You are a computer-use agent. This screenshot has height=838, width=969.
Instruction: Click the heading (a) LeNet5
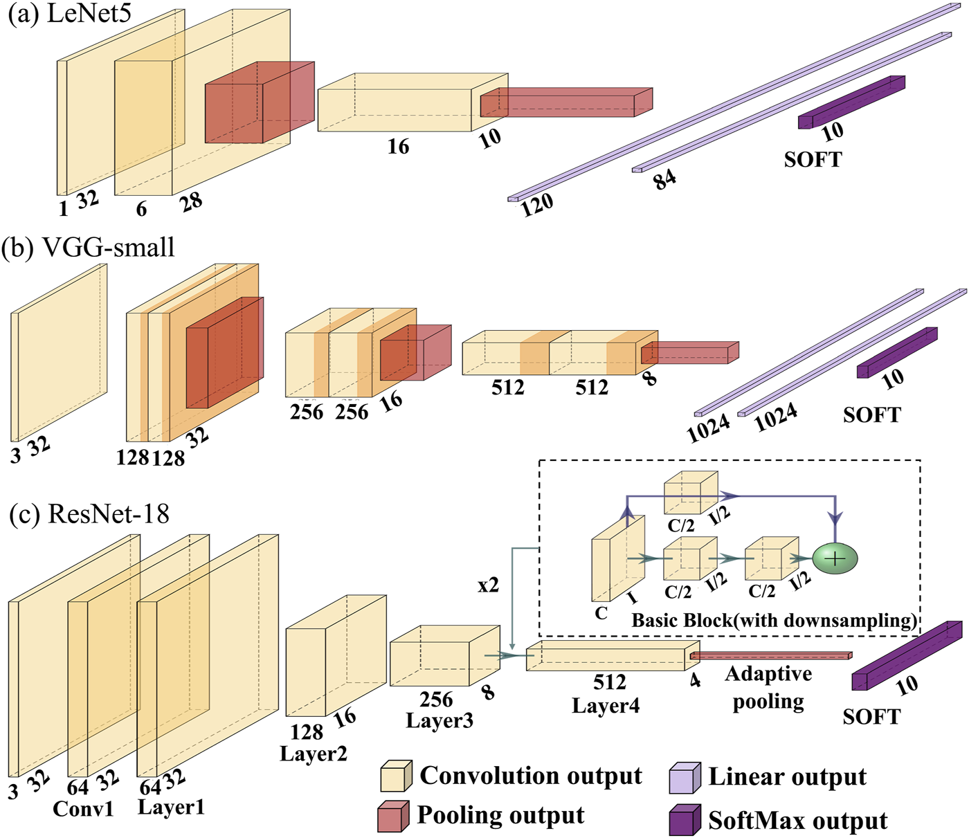(x=69, y=14)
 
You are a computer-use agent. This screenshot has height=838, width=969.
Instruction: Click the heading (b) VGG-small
(x=89, y=247)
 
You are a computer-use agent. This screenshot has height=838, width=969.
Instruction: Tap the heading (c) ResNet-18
(x=89, y=514)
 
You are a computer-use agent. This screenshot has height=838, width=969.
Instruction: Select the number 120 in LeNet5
(x=537, y=205)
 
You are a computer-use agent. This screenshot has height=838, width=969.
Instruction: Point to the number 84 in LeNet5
(x=664, y=180)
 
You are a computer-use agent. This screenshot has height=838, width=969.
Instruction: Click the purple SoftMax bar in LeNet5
(x=851, y=102)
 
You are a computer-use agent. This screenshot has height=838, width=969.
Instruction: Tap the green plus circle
(x=835, y=558)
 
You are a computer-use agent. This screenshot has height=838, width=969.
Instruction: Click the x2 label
(x=488, y=585)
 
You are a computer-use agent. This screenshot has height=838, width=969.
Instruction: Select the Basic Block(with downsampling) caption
(x=774, y=620)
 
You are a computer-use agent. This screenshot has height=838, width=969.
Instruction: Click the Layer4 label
(x=606, y=706)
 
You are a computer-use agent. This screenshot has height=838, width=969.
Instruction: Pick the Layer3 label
(x=440, y=720)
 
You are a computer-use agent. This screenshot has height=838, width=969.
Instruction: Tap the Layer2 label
(x=313, y=754)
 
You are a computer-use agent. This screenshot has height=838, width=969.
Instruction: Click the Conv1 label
(x=83, y=808)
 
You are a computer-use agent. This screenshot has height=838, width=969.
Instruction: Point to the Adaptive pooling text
(x=768, y=687)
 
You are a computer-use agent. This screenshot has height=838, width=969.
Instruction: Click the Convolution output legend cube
(x=396, y=776)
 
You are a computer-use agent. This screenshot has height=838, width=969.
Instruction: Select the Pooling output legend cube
(x=392, y=817)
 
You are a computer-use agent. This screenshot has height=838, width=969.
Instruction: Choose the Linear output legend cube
(x=685, y=778)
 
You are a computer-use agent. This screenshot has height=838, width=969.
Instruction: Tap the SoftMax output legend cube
(x=685, y=821)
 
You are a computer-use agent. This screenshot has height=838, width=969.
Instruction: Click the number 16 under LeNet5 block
(x=398, y=147)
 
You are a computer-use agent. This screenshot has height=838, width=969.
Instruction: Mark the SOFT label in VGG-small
(x=871, y=415)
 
